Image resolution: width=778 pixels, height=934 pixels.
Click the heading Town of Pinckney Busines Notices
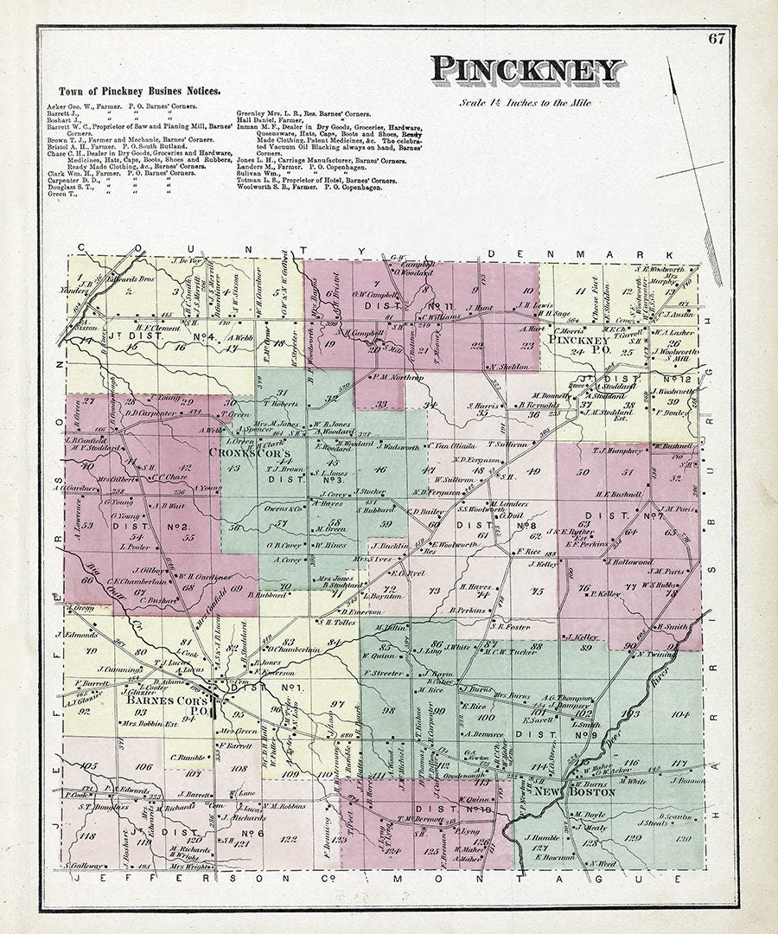pos(139,91)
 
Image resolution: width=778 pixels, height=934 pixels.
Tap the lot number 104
pos(679,714)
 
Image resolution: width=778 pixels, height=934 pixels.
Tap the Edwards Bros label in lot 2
pos(112,278)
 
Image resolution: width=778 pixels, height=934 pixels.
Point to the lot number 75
pos(537,592)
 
